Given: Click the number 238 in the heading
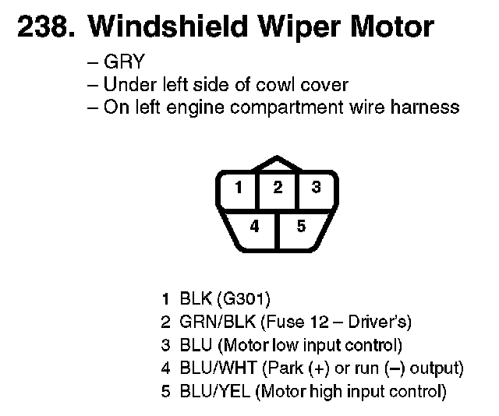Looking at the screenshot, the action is point(42,27).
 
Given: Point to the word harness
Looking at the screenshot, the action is point(427,108).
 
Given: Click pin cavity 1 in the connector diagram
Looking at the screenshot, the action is point(239,187).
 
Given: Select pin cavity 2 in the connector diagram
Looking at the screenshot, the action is point(277,187).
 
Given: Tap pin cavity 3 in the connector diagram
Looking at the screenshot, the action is point(315,187).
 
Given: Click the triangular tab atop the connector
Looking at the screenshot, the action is point(277,163).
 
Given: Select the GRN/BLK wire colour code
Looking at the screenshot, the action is point(208,322).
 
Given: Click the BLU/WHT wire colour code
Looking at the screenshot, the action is point(209,368).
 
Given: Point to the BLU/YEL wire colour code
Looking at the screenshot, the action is point(208,392).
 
